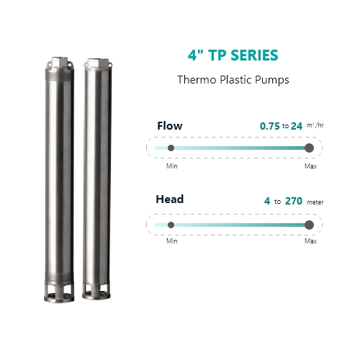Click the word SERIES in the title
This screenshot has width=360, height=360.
point(254,55)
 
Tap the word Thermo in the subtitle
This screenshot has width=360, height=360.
point(197,79)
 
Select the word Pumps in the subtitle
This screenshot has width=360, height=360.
point(272,80)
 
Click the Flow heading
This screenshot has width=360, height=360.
point(170,126)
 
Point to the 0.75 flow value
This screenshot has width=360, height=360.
point(270,126)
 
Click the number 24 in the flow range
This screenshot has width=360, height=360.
point(297,126)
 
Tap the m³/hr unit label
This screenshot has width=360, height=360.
point(315,125)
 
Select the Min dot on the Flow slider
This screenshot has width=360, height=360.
point(171,148)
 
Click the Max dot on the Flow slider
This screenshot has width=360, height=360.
point(309,148)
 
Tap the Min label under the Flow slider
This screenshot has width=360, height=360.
point(172,166)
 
